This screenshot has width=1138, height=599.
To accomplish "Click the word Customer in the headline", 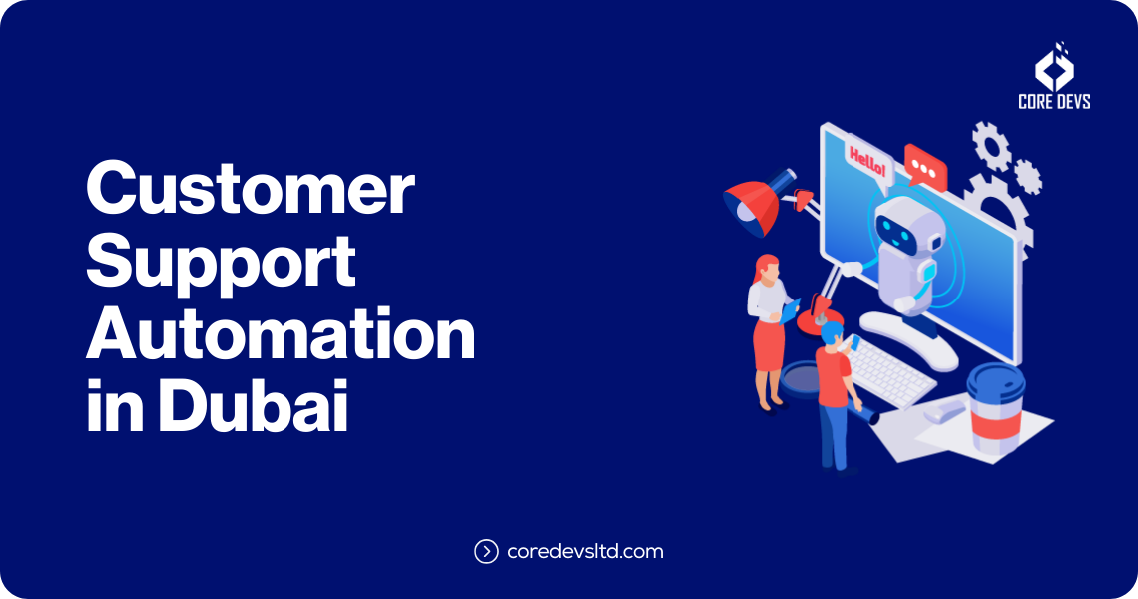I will pos(250,190).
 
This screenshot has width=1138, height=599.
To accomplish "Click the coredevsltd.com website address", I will pos(585,551).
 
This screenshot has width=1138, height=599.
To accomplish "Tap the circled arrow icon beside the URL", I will pos(486,551).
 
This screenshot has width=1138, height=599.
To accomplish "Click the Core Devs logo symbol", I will pos(1054,68).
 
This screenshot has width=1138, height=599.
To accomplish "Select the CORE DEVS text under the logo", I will pos(1054,102).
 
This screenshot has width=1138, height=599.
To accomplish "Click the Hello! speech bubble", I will pos(865,161).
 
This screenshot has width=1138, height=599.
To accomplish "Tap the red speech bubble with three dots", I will pos(924,166).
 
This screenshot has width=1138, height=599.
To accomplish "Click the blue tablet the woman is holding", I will pos(791,312).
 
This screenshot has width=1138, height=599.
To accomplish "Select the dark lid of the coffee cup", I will pos(995,377).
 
